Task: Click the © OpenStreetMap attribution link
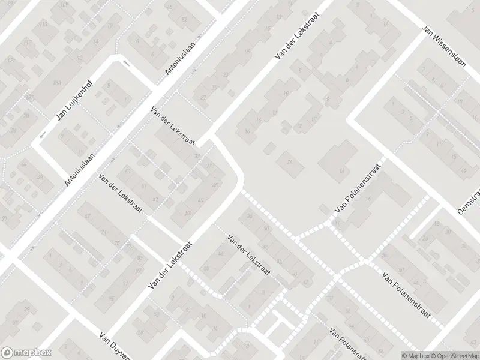[x=454, y=355]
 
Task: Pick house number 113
[x=43, y=25]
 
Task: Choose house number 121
[x=10, y=61]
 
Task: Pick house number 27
[x=204, y=97]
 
